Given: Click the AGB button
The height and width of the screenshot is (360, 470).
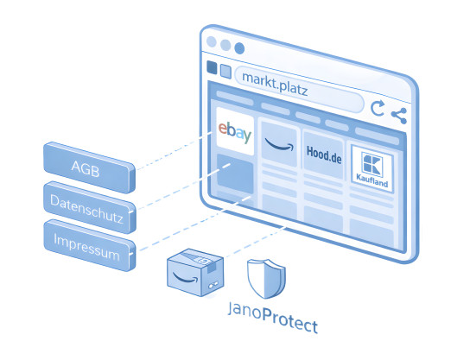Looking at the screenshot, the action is coord(89,167).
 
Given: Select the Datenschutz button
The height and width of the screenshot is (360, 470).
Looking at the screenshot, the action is coord(90,207).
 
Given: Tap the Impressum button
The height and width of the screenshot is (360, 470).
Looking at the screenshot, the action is coord(90,245).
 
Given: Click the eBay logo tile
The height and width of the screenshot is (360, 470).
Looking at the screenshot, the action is coord(235,131).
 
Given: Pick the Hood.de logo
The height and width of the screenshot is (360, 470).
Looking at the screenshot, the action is coord(324,155).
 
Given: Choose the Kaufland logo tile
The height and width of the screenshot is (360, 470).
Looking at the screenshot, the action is coord(372,168).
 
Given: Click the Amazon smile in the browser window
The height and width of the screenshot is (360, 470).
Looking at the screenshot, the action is coord(279,144).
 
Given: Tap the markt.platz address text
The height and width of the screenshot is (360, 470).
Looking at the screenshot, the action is coord(275,84).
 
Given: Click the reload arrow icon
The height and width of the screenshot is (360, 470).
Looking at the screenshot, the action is coord(378,108).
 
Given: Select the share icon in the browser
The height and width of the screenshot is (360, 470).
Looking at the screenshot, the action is coord(399,116).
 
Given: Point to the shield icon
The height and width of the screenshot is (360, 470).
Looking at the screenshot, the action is coord(266,279).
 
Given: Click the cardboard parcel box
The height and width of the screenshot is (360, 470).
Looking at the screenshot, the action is coord(195,273).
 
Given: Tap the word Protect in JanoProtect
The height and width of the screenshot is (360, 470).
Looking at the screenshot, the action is coord(289,321).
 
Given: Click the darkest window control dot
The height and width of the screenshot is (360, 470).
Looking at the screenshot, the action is coord(239,48).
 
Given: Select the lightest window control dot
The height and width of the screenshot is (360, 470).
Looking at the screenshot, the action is coord(212,41).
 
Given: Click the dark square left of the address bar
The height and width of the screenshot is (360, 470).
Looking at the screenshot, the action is coord(212,67).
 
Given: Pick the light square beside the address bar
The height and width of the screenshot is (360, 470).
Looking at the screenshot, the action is coord(225,72).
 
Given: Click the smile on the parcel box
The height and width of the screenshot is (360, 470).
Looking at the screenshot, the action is coord(186,278).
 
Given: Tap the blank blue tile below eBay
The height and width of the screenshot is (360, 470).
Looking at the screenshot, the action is coord(235,174).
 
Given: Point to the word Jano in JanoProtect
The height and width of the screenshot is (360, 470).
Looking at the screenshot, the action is coord(245,310).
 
